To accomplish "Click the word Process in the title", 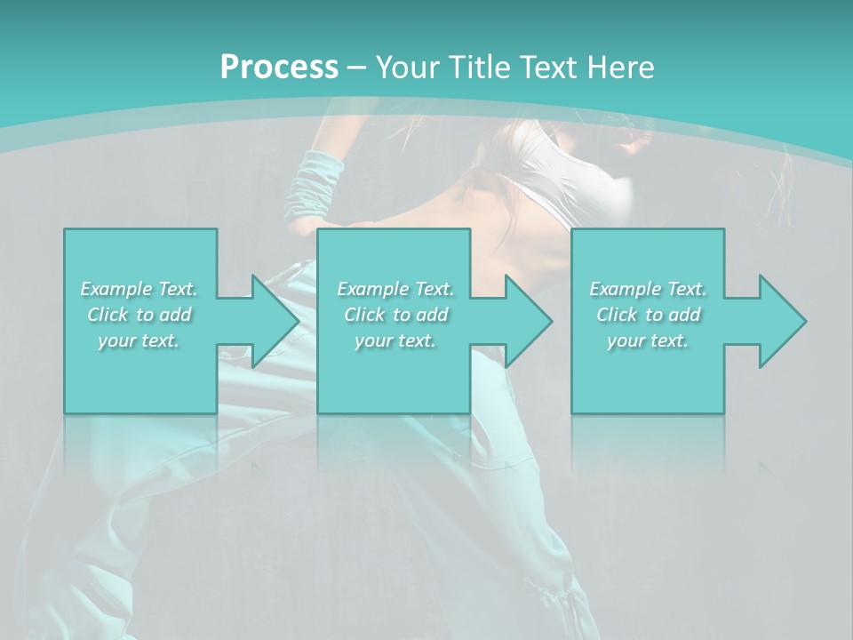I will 279,67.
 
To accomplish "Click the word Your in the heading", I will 405,67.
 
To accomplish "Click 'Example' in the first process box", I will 116,289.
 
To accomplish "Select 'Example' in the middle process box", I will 372,289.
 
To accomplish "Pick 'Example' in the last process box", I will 625,289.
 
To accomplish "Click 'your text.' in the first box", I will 139,340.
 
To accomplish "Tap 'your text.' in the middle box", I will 395,340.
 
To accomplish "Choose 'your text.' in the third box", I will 647,340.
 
